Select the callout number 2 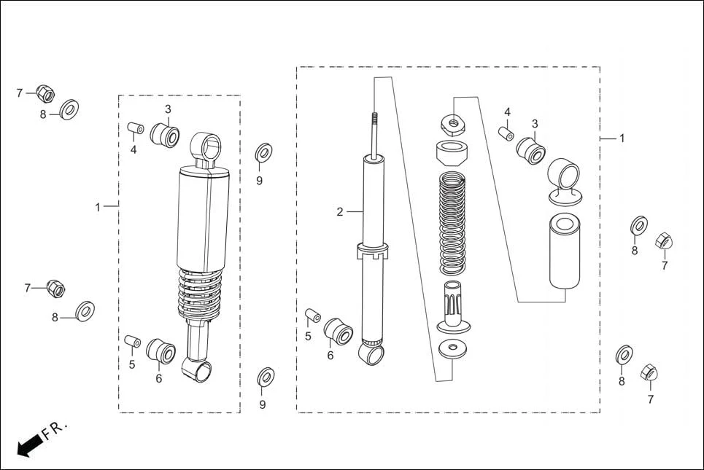(340, 212)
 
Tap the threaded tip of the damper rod (376, 120)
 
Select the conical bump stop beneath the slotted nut (452, 154)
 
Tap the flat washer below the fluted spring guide (452, 348)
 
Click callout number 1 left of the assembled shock (97, 207)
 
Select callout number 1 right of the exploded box (622, 138)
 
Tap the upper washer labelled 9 (263, 153)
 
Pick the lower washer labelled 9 (266, 377)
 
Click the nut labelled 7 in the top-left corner (45, 93)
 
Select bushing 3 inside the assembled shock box (166, 135)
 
